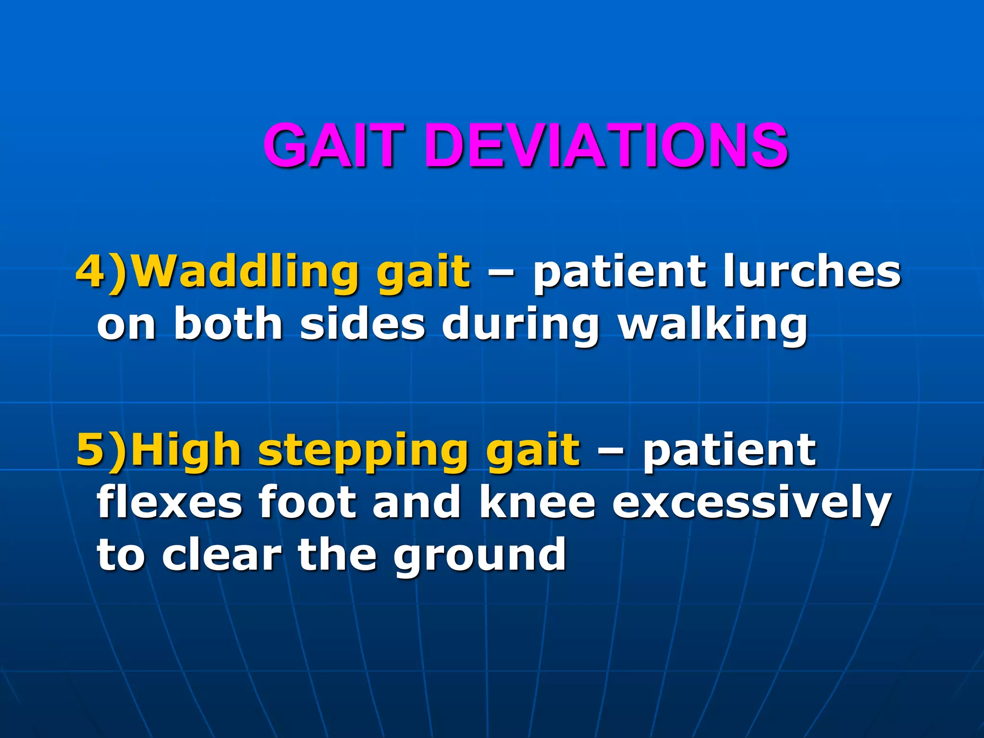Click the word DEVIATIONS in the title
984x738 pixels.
(x=606, y=145)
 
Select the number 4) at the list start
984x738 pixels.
(x=102, y=272)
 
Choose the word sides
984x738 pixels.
(x=363, y=324)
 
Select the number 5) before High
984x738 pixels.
(x=102, y=450)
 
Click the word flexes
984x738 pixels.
(x=170, y=503)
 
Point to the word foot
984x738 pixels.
(x=308, y=503)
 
